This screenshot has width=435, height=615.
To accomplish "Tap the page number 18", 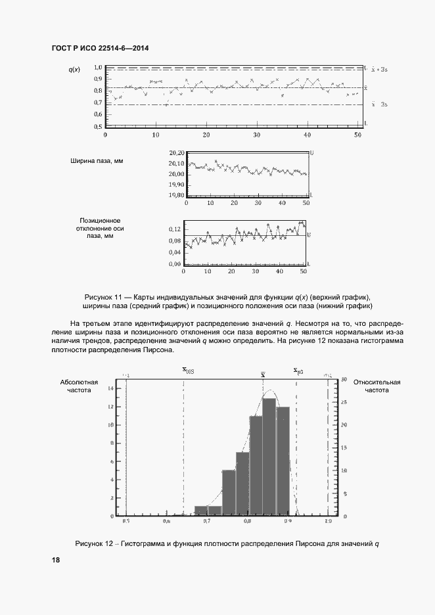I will coord(56,560).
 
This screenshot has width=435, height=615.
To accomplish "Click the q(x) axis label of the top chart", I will coord(74,69).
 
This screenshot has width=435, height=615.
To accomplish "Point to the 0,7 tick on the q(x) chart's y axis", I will coord(97,102).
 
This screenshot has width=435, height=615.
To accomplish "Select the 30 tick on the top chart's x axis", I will coord(257,135).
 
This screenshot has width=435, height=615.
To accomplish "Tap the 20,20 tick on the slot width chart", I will coord(176,152).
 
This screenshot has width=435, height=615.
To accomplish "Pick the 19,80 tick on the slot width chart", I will coord(176,194).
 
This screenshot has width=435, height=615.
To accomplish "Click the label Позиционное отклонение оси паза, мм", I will coord(101,229).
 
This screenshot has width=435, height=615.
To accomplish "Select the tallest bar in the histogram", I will coord(269,457).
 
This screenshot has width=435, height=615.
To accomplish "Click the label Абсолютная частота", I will coord(79,386).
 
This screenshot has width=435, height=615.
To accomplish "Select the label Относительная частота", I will coord(377,386).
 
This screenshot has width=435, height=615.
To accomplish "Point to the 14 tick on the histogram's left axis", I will coord(111,388).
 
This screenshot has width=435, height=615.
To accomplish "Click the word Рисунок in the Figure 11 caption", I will coord(101,296).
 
